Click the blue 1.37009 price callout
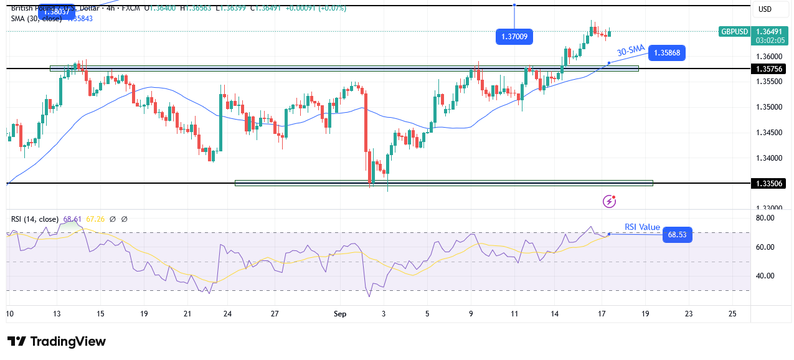pyautogui.click(x=514, y=37)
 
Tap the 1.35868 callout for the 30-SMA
pyautogui.click(x=666, y=53)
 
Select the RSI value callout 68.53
pyautogui.click(x=678, y=235)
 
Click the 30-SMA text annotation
pyautogui.click(x=630, y=50)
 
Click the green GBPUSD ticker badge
pyautogui.click(x=734, y=31)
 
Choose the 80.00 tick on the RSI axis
pyautogui.click(x=765, y=218)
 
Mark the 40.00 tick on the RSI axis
pyautogui.click(x=765, y=276)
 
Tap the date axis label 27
pyautogui.click(x=275, y=315)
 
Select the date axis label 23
pyautogui.click(x=688, y=315)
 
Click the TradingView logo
pyautogui.click(x=57, y=341)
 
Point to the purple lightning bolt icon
pyautogui.click(x=610, y=201)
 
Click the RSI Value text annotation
pyautogui.click(x=642, y=227)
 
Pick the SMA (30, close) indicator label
pyautogui.click(x=36, y=19)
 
